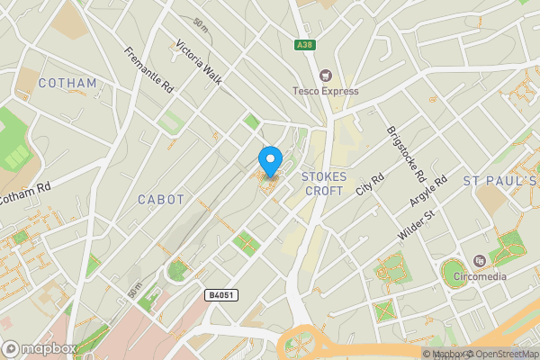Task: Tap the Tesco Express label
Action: (x=325, y=91)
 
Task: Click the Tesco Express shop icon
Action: (x=325, y=76)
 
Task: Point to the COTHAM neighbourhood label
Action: (x=67, y=84)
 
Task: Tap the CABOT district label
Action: (x=162, y=199)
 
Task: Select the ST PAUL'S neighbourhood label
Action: (x=499, y=182)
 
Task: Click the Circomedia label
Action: (x=479, y=276)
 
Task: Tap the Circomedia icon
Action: (x=479, y=261)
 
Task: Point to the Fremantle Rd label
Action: (x=149, y=71)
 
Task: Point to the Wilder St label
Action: (x=415, y=226)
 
